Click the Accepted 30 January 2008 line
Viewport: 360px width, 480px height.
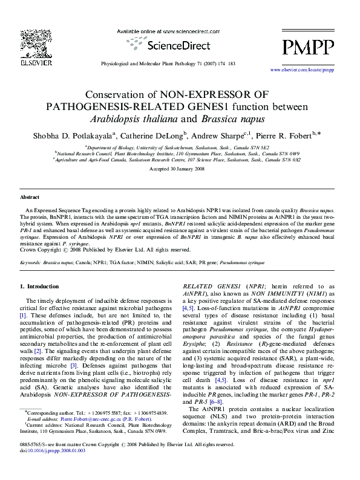coord(179,170)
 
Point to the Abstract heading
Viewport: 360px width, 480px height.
coord(30,198)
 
